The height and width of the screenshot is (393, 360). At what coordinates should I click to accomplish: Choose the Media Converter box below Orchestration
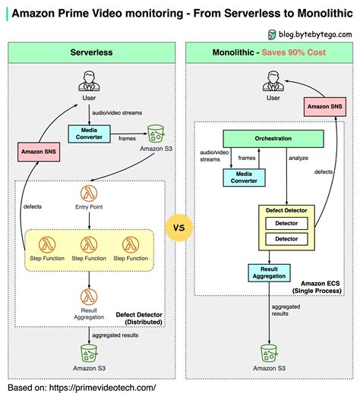tap(245, 178)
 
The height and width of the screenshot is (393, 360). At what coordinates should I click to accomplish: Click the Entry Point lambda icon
tap(90, 193)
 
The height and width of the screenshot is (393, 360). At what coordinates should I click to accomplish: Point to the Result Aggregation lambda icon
tap(90, 295)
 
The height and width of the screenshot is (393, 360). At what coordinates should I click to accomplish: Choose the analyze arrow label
tap(298, 159)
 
